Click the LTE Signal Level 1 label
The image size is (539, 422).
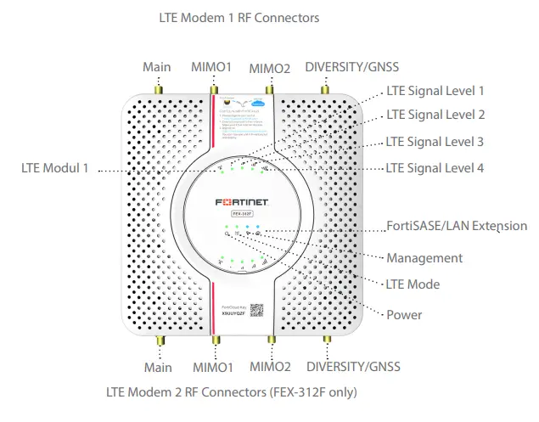tap(435, 91)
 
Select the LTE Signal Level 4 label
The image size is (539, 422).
tap(435, 168)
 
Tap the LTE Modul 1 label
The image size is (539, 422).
tap(54, 168)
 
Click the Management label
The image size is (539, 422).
tap(424, 257)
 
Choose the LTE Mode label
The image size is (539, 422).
tap(413, 284)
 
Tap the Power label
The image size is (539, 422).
tap(404, 315)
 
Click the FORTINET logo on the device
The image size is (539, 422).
tap(244, 205)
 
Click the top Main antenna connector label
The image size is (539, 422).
tap(157, 67)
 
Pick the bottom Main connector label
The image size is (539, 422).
tap(158, 367)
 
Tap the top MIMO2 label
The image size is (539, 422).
tap(270, 67)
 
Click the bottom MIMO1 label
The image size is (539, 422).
tap(212, 367)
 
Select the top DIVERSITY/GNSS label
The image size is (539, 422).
tap(351, 67)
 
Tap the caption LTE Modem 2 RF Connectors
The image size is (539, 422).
tap(231, 392)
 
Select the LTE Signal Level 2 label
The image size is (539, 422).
tap(435, 115)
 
